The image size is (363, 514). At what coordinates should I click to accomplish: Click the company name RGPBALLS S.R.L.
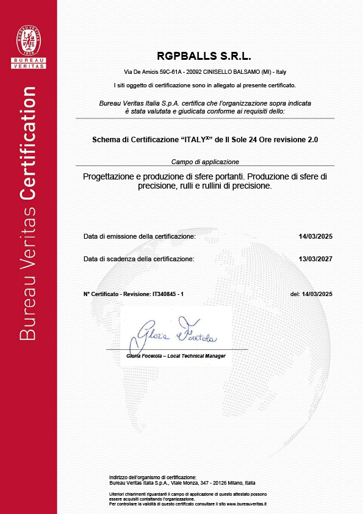204,56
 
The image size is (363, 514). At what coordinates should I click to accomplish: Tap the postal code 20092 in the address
193,71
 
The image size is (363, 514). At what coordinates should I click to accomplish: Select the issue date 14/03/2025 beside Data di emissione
315,236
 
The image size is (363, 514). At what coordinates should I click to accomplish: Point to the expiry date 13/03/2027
315,259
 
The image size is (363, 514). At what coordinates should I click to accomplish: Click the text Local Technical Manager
200,356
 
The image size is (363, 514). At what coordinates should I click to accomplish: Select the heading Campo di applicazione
204,162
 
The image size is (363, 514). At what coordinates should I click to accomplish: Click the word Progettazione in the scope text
112,176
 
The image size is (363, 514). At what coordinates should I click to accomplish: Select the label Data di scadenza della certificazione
139,259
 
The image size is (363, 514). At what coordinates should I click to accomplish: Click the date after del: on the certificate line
318,294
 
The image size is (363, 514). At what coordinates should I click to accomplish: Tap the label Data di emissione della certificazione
140,236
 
